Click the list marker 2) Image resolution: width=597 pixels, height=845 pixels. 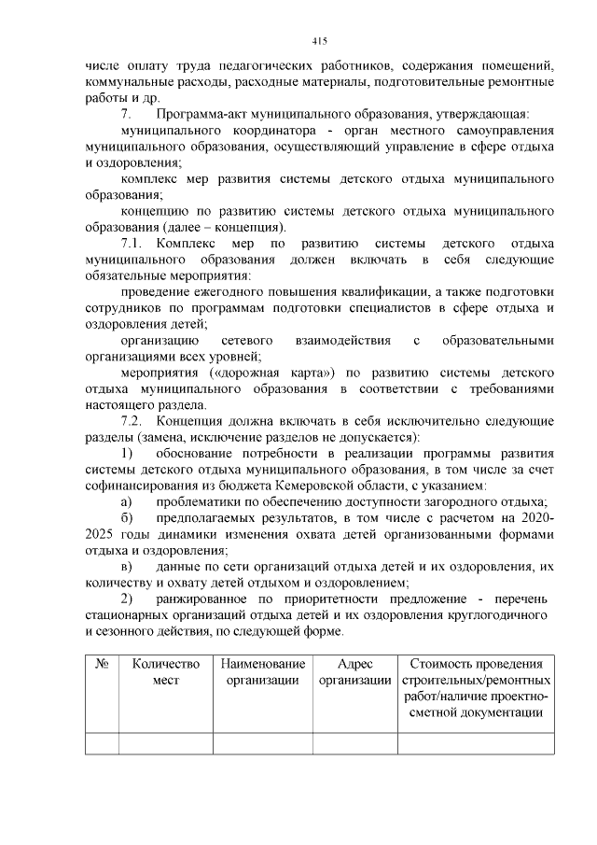pyautogui.click(x=127, y=599)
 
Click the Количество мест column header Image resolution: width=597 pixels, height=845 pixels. pyautogui.click(x=166, y=672)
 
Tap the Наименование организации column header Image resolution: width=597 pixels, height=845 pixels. pyautogui.click(x=262, y=672)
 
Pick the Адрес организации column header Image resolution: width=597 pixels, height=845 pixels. pyautogui.click(x=354, y=672)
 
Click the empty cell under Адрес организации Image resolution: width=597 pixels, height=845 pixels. pyautogui.click(x=354, y=743)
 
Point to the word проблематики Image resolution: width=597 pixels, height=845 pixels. pyautogui.click(x=206, y=502)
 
